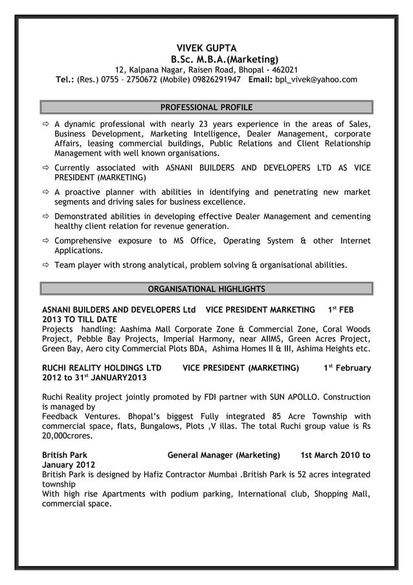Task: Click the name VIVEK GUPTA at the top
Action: point(206,48)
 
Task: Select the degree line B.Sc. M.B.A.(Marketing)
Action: point(220,59)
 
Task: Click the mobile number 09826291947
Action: point(216,80)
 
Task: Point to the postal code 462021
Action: point(284,69)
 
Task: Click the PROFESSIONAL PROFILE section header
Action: point(206,107)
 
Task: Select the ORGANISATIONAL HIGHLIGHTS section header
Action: point(206,288)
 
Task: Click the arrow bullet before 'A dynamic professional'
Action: point(46,124)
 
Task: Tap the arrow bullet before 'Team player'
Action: point(46,265)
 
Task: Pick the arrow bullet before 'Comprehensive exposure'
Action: point(46,241)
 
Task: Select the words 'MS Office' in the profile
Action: point(191,240)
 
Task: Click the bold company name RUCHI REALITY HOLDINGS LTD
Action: point(102,368)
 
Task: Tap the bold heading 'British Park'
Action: point(65,455)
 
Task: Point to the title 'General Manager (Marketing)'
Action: point(223,455)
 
